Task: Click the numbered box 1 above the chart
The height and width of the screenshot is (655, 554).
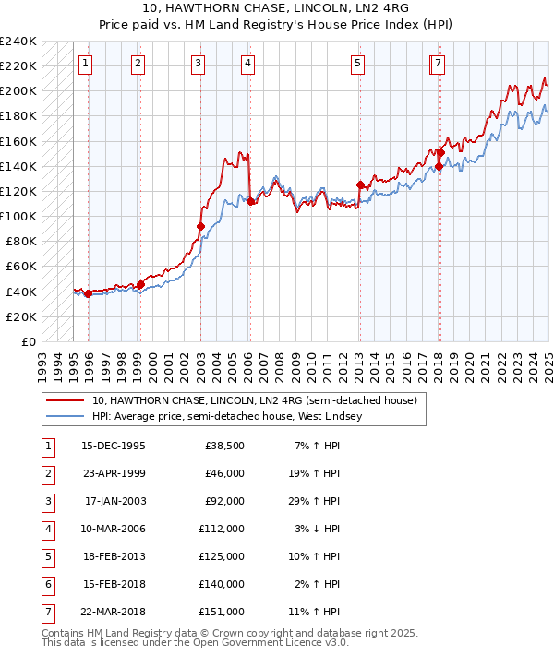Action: (x=85, y=64)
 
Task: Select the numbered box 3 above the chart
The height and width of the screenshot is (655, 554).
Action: (x=199, y=64)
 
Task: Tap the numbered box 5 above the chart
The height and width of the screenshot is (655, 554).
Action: (x=357, y=64)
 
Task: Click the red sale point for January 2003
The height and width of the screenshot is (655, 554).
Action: (x=200, y=226)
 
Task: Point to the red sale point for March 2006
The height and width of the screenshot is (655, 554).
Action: (x=250, y=201)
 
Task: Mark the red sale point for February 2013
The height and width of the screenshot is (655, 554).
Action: (x=360, y=185)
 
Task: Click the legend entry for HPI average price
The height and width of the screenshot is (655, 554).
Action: (x=227, y=417)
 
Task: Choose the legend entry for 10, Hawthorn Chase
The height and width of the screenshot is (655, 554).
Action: (x=255, y=400)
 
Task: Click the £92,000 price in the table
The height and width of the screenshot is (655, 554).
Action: (x=224, y=502)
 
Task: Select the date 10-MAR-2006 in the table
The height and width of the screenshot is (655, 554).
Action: (x=114, y=530)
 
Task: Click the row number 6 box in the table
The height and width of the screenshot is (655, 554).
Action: (x=46, y=584)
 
